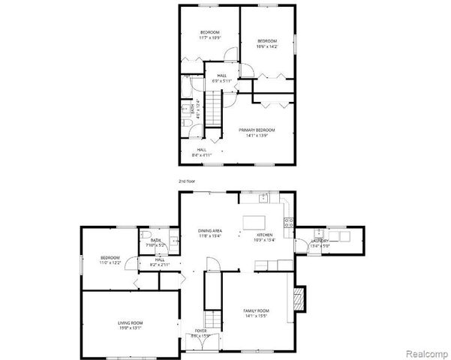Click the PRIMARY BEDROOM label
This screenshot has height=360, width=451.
click(257, 130)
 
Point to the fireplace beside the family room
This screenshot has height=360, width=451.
click(301, 298)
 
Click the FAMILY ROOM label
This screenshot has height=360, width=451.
click(255, 310)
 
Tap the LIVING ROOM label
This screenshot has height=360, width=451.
click(130, 322)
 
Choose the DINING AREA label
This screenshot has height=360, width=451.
click(209, 230)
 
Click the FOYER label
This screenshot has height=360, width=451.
click(201, 330)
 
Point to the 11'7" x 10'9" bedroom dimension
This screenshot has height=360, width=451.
click(209, 37)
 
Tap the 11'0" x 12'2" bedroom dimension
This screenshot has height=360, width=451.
click(110, 262)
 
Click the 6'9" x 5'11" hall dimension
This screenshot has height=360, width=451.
click(222, 81)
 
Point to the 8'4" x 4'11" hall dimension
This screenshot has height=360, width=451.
click(201, 155)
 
